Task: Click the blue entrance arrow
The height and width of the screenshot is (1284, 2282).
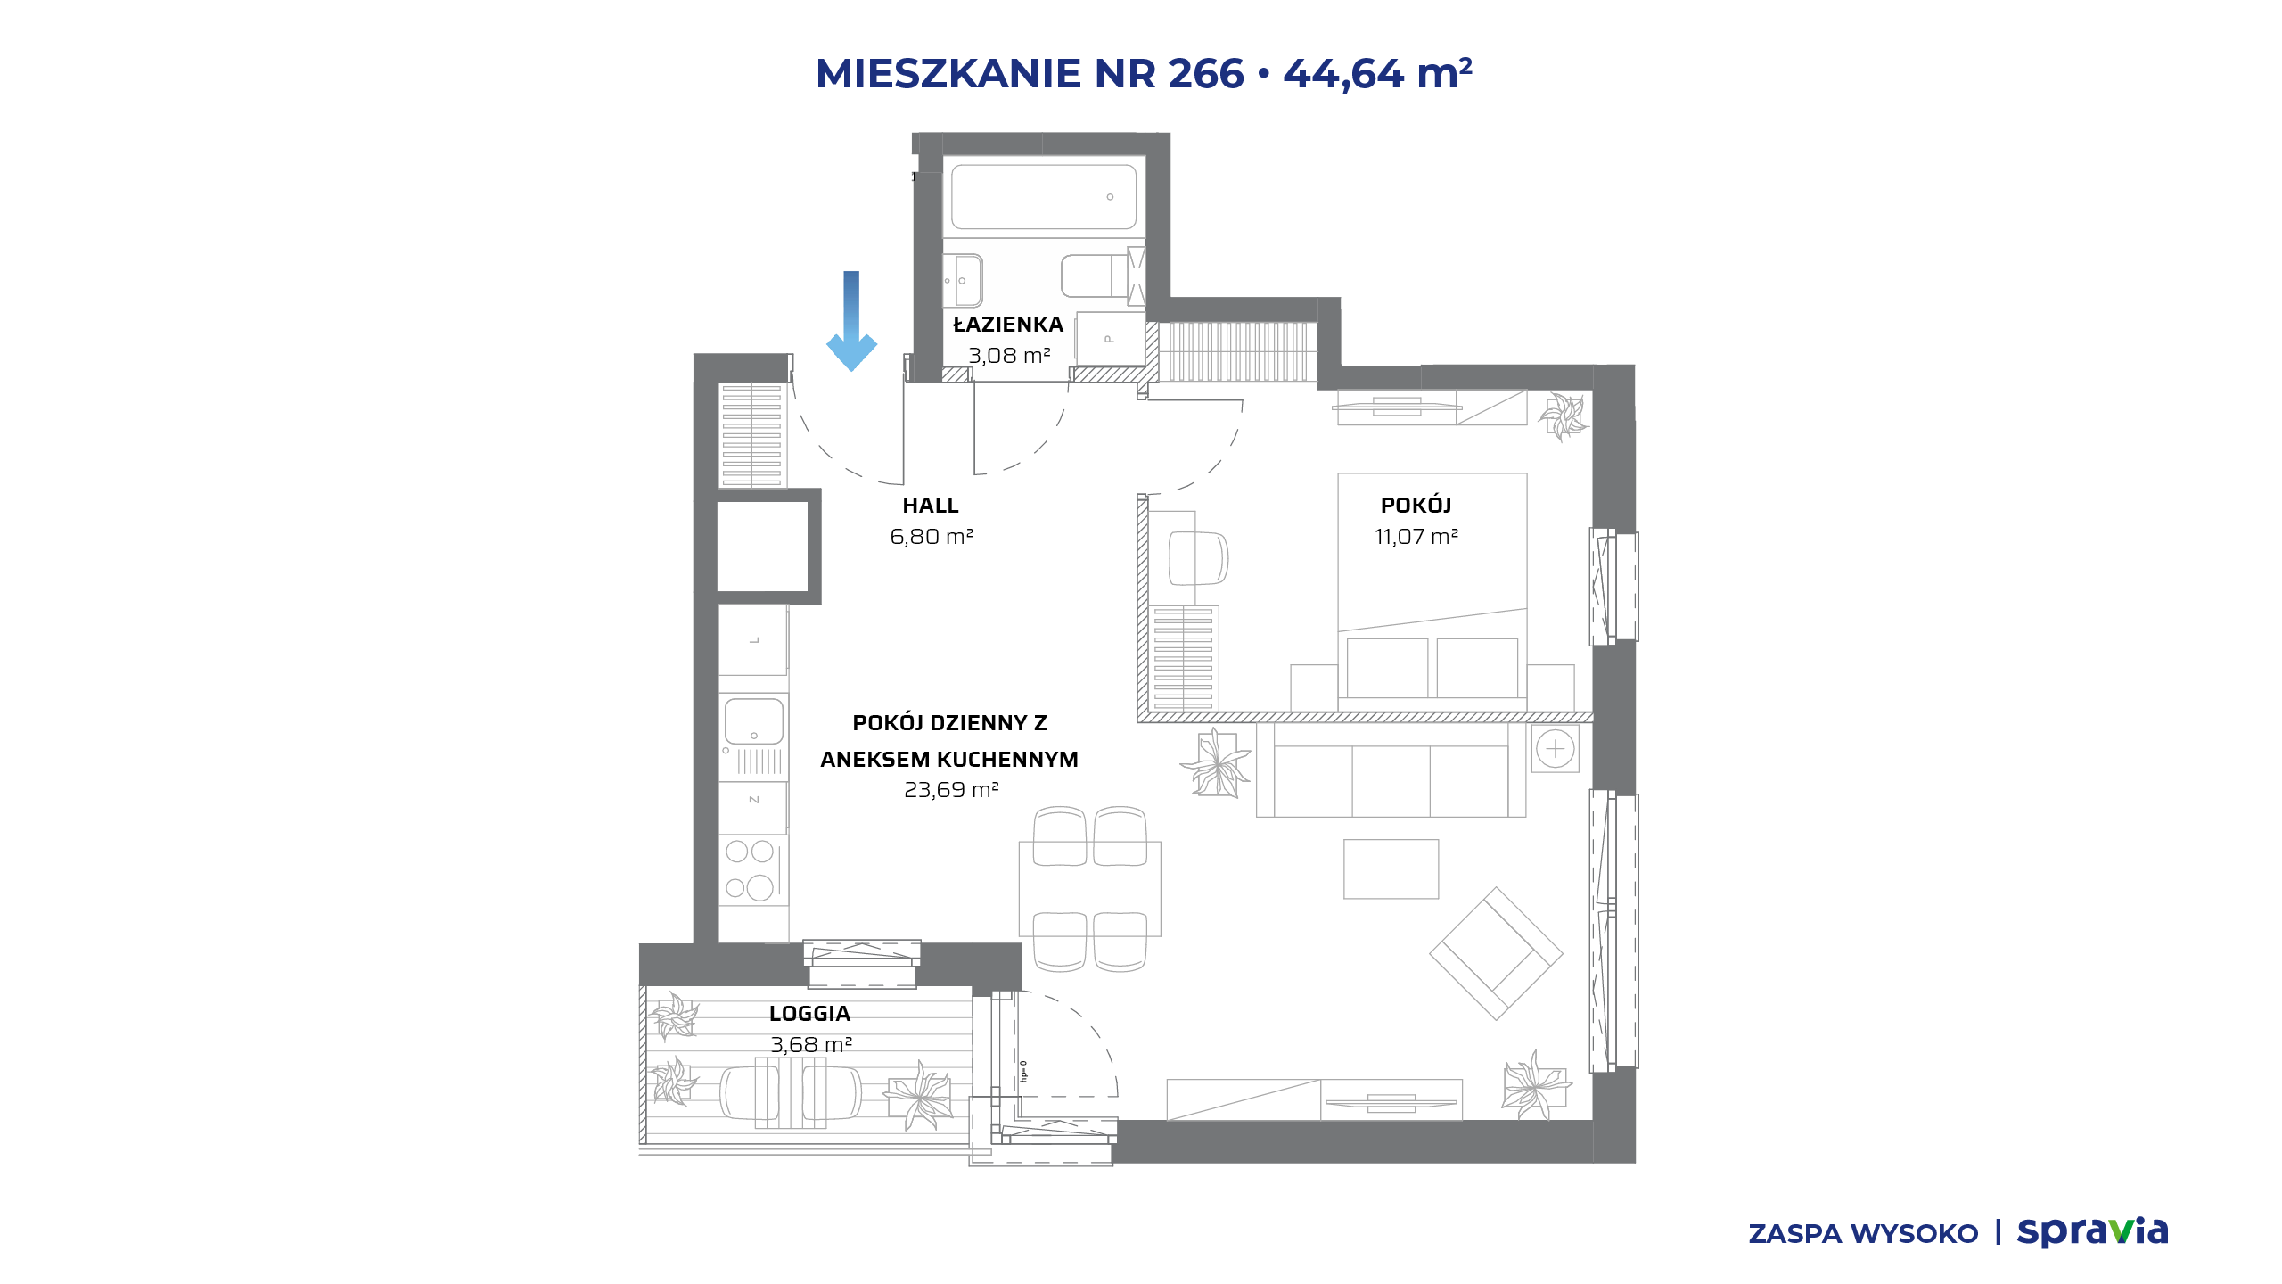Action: (851, 321)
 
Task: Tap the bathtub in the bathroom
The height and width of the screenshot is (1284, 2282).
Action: (1044, 197)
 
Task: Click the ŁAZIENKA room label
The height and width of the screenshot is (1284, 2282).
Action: (1008, 325)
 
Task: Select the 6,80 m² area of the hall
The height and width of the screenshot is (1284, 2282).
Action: (932, 537)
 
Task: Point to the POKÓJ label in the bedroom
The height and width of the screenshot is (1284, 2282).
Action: (1416, 505)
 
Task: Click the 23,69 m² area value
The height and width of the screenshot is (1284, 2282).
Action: (951, 790)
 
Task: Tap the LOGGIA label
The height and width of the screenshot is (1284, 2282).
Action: (809, 1014)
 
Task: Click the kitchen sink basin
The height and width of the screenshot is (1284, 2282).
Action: (754, 721)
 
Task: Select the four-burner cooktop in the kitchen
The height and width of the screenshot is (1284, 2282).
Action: (752, 870)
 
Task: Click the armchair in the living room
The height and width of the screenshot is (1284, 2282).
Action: (1496, 953)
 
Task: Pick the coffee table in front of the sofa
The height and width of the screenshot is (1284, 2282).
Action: (1391, 868)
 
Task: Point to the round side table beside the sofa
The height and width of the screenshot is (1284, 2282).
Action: (1556, 748)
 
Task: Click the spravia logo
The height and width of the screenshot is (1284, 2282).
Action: (2092, 1232)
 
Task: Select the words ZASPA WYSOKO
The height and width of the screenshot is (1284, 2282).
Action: (1863, 1234)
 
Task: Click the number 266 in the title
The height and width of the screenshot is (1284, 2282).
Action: (1205, 73)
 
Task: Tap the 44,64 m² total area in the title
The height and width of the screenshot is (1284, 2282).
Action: (1378, 73)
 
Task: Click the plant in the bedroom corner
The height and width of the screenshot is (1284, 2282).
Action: (1563, 415)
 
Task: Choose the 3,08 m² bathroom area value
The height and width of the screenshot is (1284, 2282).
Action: (1009, 356)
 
